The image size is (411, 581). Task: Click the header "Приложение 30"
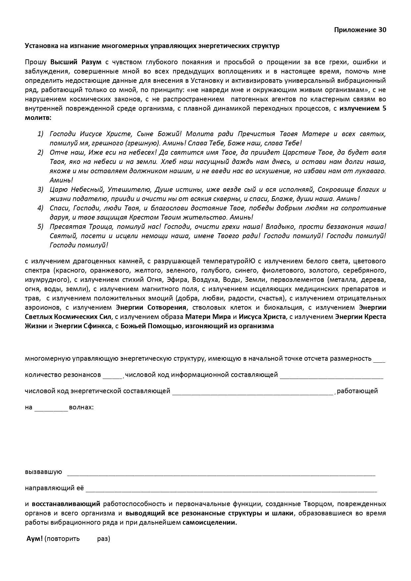point(360,30)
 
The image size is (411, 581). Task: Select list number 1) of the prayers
point(40,134)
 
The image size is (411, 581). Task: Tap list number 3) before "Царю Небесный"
point(40,189)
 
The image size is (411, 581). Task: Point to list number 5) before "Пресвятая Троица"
point(40,227)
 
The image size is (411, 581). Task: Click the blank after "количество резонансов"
point(112,376)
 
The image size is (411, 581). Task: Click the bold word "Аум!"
point(34,538)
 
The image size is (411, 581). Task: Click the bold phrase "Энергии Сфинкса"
point(83,326)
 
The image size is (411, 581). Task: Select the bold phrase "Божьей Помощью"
point(151,326)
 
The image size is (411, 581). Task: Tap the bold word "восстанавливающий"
point(66,504)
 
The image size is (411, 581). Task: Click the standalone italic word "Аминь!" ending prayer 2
point(61,180)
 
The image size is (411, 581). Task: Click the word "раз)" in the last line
point(103,539)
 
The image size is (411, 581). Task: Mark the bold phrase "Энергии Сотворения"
point(151,307)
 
